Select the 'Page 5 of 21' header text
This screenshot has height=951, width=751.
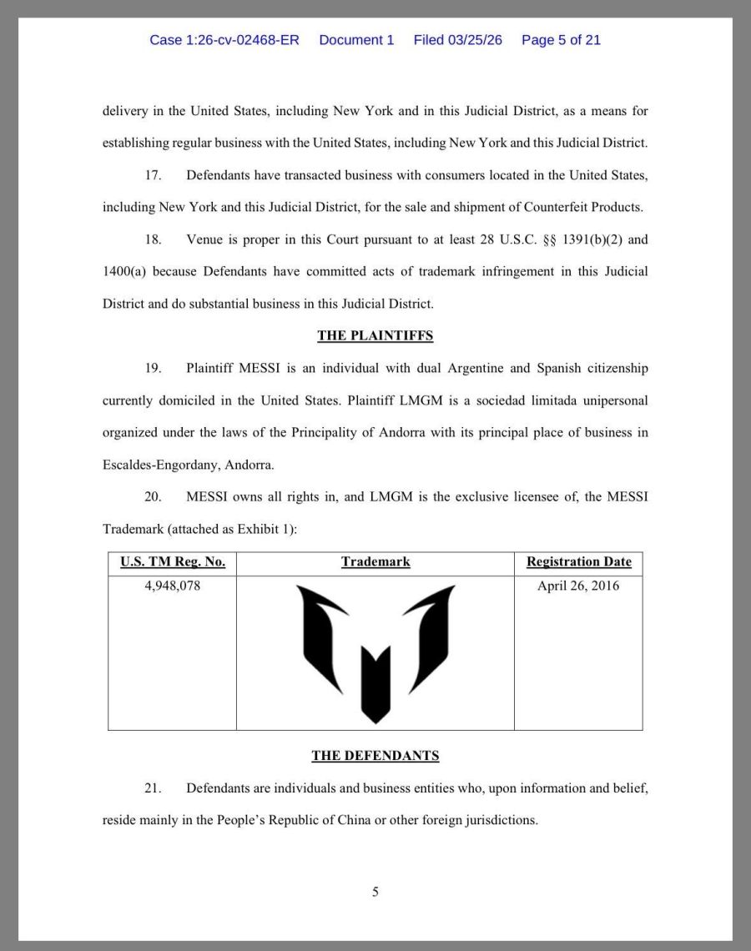point(561,40)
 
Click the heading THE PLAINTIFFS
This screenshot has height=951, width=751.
point(375,336)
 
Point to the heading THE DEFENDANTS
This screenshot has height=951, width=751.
point(375,756)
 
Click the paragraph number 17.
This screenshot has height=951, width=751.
point(154,175)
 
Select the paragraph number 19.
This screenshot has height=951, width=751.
point(154,368)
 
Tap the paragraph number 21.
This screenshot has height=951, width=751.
point(154,788)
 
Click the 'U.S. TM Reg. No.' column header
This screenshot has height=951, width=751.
point(173,562)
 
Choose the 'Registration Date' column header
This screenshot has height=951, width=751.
point(578,562)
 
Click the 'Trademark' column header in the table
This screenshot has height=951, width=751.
point(375,562)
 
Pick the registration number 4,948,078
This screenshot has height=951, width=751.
point(173,586)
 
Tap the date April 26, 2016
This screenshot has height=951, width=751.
point(578,586)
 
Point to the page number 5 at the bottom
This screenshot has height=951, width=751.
point(375,892)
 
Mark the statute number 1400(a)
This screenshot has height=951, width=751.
point(124,271)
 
